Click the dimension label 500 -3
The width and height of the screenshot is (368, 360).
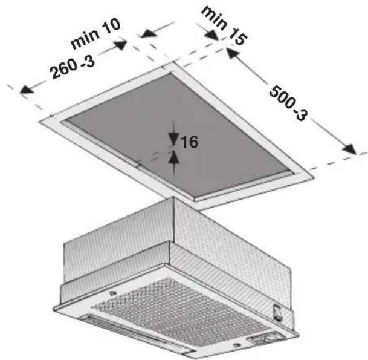pyautogui.click(x=288, y=103)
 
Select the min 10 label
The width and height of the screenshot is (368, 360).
pyautogui.click(x=95, y=33)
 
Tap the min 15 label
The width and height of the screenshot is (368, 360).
pyautogui.click(x=224, y=25)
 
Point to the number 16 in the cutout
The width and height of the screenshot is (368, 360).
pyautogui.click(x=189, y=142)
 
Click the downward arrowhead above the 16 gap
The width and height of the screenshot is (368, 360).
pyautogui.click(x=173, y=139)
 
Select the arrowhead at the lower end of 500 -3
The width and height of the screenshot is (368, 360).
pyautogui.click(x=349, y=149)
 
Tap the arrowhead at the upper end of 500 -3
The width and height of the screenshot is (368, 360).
pyautogui.click(x=233, y=53)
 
